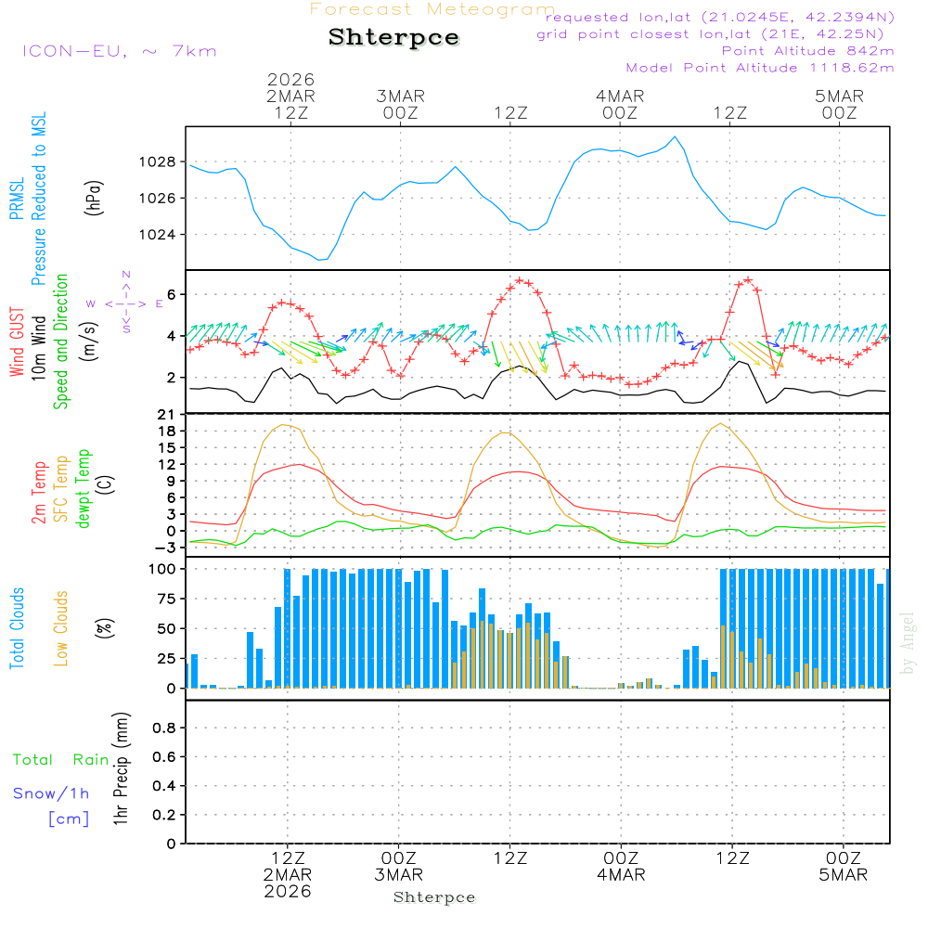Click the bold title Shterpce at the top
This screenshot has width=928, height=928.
pos(393,37)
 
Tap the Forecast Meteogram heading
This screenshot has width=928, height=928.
pos(432,9)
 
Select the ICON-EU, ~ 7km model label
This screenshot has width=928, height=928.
pos(119,50)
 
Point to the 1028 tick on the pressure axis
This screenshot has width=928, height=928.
pos(159,161)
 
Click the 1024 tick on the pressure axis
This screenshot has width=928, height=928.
pos(159,234)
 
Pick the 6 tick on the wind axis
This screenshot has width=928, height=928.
pos(172,295)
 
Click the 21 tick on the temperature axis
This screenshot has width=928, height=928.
pos(167,414)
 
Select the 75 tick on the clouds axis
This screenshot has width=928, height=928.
pos(164,599)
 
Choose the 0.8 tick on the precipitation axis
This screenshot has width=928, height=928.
pos(164,728)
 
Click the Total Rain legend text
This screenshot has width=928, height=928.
pos(61,759)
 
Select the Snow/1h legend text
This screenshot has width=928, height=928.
pos(52,793)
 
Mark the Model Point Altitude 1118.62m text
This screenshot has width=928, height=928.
pos(760,68)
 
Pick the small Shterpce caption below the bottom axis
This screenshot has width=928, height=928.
pos(434,897)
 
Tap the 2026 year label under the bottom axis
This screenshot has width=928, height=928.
pos(288,891)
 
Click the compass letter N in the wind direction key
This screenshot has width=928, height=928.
pos(125,275)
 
